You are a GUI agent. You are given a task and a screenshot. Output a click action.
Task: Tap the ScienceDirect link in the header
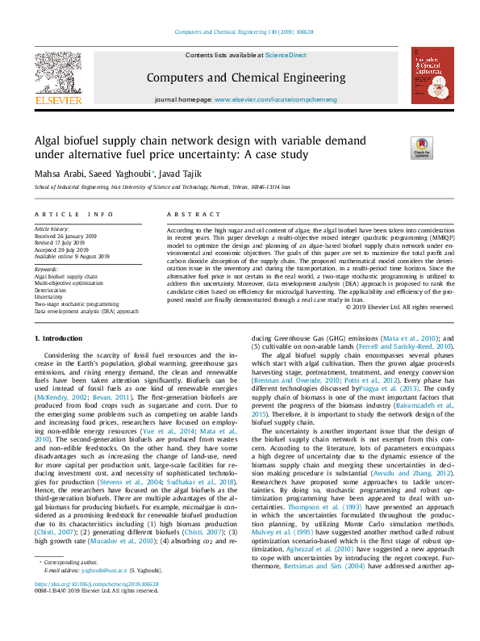(x=286, y=55)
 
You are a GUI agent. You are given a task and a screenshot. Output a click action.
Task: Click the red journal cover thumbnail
(x=432, y=74)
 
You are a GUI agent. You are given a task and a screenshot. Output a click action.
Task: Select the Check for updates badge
(x=422, y=147)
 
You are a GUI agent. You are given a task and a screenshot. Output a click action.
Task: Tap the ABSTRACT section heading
(x=187, y=215)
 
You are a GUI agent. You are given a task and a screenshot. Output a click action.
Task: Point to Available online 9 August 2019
(x=72, y=256)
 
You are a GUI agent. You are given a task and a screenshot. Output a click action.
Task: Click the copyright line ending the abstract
(x=399, y=308)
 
